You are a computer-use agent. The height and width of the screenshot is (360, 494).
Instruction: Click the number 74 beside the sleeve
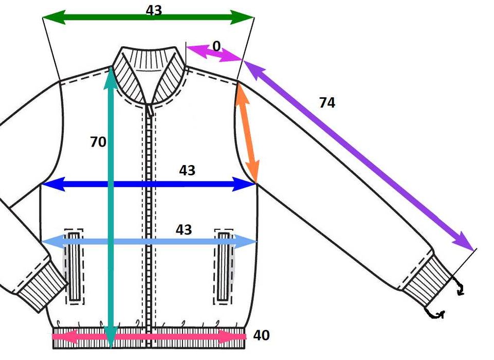tap(327, 103)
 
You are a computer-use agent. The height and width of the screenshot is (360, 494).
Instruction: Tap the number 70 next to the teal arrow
tap(98, 142)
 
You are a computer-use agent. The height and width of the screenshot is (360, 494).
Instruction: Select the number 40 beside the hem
tap(262, 335)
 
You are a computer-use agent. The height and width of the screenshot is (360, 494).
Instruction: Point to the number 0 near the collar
tap(216, 46)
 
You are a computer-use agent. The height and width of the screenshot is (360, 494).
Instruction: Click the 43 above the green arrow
tap(154, 10)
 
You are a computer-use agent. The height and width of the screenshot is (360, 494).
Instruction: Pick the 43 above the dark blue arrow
tap(187, 170)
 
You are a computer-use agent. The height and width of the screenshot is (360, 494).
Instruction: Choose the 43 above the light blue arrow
tap(184, 229)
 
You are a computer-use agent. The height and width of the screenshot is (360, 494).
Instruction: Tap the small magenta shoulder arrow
tap(214, 53)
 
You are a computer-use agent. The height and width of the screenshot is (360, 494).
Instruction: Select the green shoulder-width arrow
tap(148, 17)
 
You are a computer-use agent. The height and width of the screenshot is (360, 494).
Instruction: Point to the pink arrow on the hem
tap(149, 336)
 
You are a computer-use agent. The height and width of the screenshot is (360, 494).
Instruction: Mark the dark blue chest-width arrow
tap(149, 184)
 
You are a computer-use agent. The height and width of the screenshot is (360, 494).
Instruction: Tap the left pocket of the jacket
tap(74, 267)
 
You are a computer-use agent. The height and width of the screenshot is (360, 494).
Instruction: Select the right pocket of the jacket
tap(224, 267)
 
